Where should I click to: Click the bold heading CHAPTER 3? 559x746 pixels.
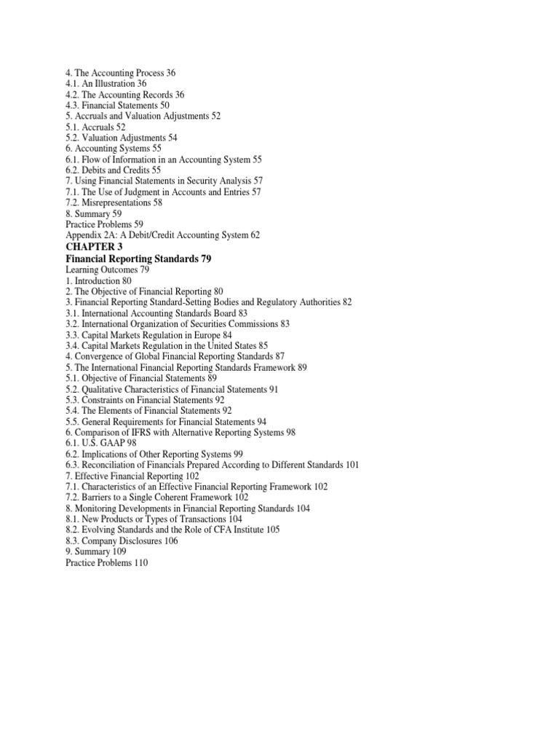click(95, 247)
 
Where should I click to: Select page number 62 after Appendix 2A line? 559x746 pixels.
click(254, 236)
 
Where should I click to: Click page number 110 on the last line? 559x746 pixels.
click(140, 563)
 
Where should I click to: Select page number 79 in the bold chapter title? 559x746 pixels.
click(205, 258)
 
